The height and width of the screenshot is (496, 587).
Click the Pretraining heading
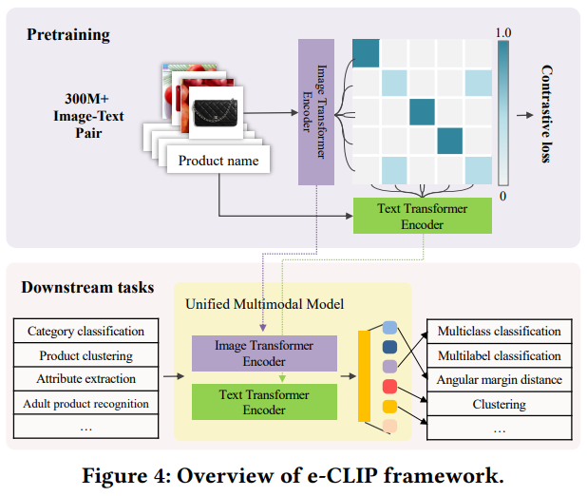(x=68, y=35)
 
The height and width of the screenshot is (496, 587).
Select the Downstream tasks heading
(x=87, y=288)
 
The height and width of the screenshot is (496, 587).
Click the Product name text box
(x=218, y=161)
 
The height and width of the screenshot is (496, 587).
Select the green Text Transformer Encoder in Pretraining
(x=422, y=217)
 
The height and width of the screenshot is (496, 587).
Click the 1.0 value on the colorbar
(x=503, y=33)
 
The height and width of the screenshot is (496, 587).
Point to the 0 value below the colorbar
(x=503, y=196)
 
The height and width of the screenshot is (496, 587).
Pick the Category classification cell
(x=86, y=332)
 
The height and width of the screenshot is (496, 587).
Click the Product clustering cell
(x=86, y=355)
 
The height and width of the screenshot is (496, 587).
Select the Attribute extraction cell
(x=86, y=379)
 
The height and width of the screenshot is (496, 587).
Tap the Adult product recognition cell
(x=86, y=403)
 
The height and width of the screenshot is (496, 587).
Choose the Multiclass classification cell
(x=499, y=332)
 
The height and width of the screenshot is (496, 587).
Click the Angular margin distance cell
(x=499, y=380)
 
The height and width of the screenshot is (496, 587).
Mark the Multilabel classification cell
(x=499, y=355)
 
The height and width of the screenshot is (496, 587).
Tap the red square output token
(x=389, y=386)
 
